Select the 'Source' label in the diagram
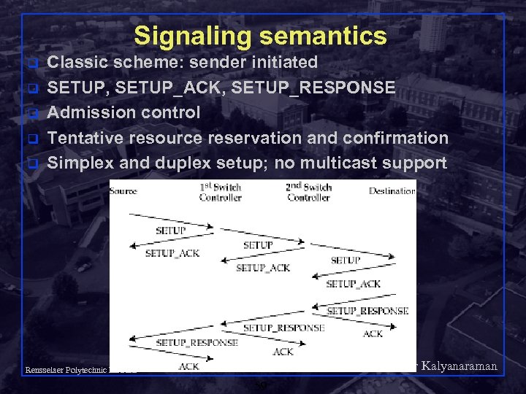pyautogui.click(x=123, y=191)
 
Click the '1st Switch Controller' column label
pyautogui.click(x=221, y=193)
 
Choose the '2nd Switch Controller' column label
pyautogui.click(x=308, y=193)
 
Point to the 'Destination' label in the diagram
pyautogui.click(x=392, y=191)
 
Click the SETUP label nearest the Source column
pyautogui.click(x=170, y=231)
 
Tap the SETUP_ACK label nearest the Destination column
pyautogui.click(x=354, y=284)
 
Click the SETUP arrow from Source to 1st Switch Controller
pyautogui.click(x=171, y=221)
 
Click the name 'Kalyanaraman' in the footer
pyautogui.click(x=460, y=366)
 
